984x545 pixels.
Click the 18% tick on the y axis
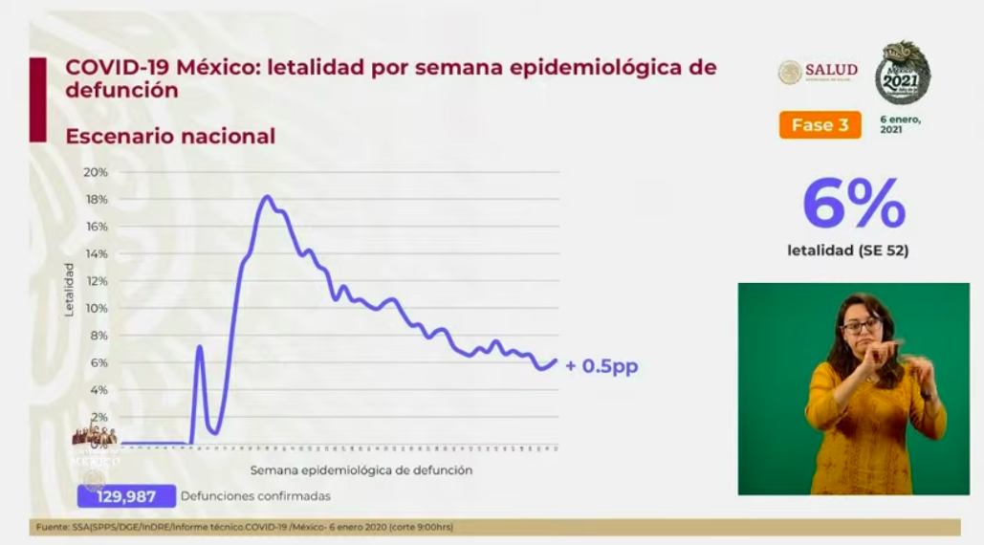click(96, 199)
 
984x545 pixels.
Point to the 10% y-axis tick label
click(96, 308)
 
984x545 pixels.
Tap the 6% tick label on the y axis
click(98, 362)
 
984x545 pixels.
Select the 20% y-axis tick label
click(96, 172)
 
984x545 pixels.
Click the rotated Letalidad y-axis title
click(69, 289)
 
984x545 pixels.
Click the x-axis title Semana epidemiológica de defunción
click(361, 470)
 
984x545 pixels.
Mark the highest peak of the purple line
click(267, 197)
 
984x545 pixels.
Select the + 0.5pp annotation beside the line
click(601, 366)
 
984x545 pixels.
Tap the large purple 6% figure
click(854, 203)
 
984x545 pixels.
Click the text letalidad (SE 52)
click(847, 251)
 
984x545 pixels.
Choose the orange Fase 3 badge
click(820, 125)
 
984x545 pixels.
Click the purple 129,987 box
click(127, 496)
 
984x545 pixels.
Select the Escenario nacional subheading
click(170, 137)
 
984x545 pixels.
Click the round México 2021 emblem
click(902, 73)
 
